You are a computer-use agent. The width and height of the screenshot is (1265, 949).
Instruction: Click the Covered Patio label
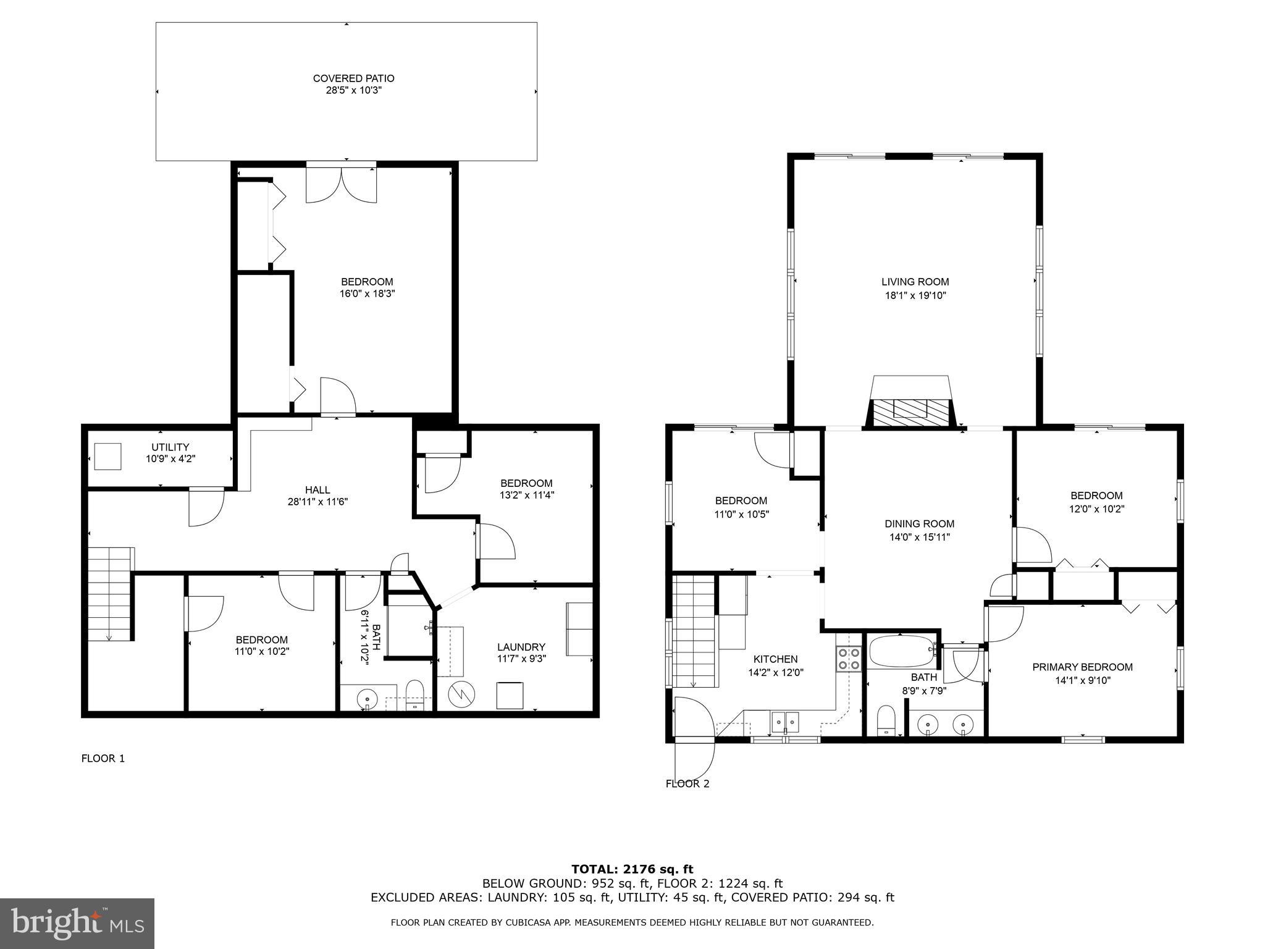(353, 78)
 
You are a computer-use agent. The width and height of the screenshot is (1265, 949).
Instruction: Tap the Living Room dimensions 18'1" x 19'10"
(915, 296)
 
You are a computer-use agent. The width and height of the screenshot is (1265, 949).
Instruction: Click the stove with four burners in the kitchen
(849, 659)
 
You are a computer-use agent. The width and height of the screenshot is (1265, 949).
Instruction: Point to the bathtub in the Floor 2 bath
(902, 651)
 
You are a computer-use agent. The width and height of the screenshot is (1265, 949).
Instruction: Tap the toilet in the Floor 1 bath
(414, 696)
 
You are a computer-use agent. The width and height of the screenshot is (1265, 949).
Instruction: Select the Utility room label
(170, 447)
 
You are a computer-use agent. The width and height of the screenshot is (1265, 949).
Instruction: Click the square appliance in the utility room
(108, 457)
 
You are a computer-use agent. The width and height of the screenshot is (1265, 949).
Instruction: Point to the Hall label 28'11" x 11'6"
(317, 496)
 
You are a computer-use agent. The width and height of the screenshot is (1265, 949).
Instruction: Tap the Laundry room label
(521, 647)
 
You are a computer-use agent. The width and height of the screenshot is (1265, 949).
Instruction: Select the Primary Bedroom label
(1082, 667)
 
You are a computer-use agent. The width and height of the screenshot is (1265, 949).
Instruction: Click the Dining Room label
(919, 524)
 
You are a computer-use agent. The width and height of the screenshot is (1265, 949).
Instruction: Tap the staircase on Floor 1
(110, 593)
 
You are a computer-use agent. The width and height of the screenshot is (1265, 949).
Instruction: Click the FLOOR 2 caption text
(687, 784)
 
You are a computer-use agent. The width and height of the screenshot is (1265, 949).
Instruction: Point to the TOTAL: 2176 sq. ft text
(632, 870)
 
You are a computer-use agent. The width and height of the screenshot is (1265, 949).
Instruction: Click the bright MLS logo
(77, 924)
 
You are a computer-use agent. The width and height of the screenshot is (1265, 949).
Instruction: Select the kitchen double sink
(785, 720)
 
